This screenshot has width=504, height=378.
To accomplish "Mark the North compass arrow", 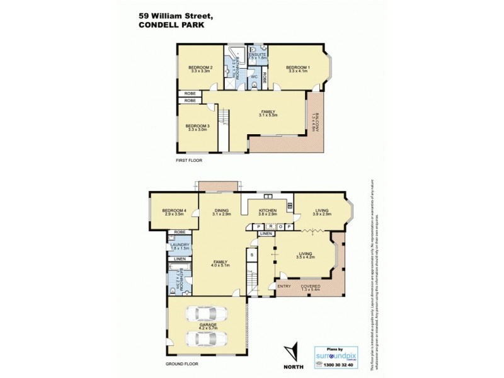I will click(x=290, y=350).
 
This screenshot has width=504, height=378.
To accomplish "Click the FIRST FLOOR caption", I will click(x=190, y=161).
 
